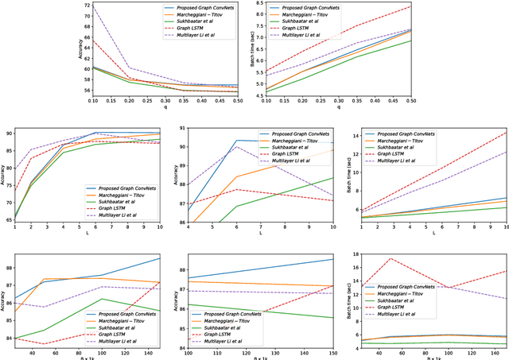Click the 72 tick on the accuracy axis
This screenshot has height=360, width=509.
point(65,4)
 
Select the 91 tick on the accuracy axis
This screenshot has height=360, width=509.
point(181,129)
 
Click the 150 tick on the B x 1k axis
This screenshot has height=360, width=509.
point(159,355)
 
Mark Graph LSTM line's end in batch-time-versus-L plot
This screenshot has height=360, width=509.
point(506,133)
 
